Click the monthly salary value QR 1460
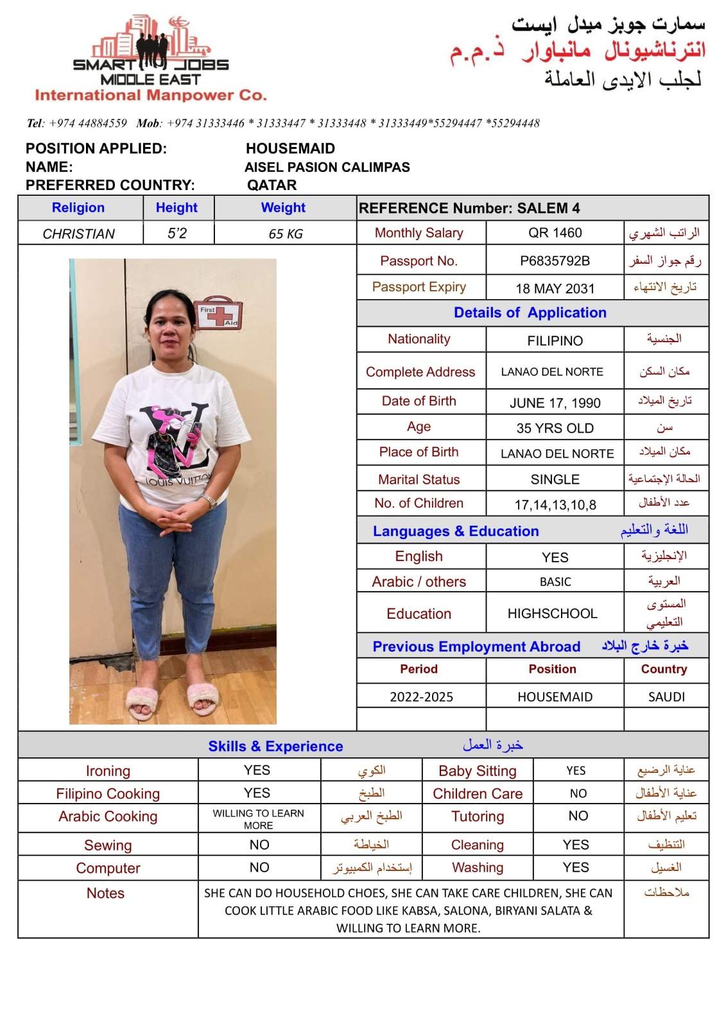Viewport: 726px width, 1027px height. coord(555,233)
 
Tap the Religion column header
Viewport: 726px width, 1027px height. coord(78,208)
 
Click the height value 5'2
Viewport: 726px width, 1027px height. coord(177,234)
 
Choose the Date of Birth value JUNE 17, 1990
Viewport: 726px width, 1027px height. coord(555,403)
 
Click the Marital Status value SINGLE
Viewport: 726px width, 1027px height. coord(555,479)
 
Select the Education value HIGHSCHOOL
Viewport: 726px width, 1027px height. coord(552,614)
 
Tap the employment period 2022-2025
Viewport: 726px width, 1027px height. coord(421,697)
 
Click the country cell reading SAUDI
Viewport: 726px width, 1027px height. coord(666,697)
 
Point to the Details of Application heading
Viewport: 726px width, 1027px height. coord(530,313)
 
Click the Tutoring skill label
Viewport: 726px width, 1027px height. coord(478,816)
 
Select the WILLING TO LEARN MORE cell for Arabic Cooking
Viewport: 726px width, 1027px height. coord(259,819)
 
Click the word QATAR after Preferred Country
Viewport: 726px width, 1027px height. coord(272,186)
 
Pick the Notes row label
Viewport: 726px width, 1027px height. coord(105,893)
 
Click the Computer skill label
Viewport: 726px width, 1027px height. coord(108,868)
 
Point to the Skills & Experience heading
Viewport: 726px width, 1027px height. coord(275,747)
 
